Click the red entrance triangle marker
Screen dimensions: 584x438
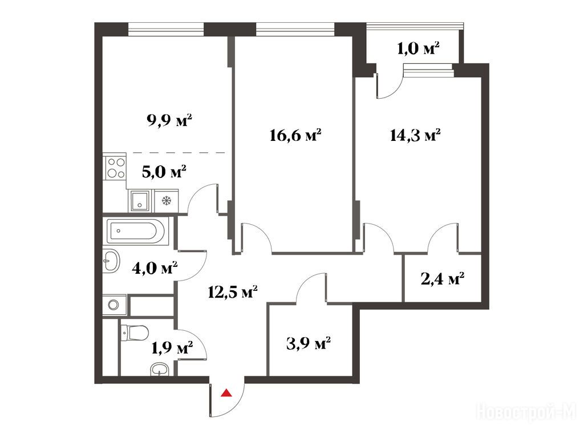click(x=226, y=393)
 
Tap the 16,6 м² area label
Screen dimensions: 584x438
click(x=295, y=135)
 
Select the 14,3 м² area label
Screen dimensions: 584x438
click(x=415, y=135)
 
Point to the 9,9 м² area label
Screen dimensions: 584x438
click(x=170, y=121)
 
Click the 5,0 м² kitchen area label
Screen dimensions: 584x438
click(x=164, y=172)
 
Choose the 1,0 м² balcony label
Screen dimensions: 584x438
click(x=418, y=48)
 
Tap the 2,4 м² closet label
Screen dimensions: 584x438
click(x=443, y=278)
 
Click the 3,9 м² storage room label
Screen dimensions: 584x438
click(x=309, y=343)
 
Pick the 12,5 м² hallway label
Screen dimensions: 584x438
click(x=233, y=292)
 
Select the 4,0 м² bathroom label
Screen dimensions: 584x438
click(x=155, y=267)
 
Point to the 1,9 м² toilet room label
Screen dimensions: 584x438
click(x=172, y=348)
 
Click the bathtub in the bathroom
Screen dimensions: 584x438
click(x=136, y=231)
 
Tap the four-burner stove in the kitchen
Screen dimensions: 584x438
click(x=115, y=168)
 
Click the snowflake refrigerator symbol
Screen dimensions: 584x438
click(x=166, y=201)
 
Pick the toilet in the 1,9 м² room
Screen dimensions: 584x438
click(x=134, y=332)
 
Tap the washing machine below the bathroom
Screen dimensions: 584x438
click(x=114, y=305)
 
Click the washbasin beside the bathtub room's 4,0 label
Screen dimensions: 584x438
click(x=111, y=260)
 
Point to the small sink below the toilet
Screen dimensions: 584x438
click(x=160, y=370)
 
